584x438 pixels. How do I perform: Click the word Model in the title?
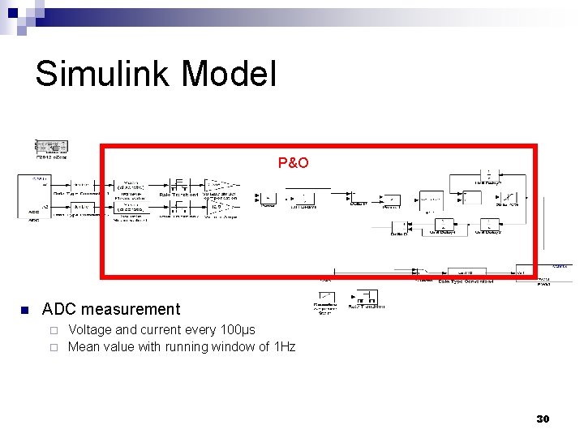[230, 74]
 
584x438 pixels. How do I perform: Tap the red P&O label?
[293, 163]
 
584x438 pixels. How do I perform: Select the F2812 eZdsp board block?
[51, 146]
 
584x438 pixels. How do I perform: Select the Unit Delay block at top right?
[489, 176]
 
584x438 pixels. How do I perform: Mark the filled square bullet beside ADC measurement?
[24, 310]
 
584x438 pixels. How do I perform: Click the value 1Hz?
[285, 347]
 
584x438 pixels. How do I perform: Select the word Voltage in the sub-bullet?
[91, 329]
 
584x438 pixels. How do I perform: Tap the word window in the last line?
[233, 347]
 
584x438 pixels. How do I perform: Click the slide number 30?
[543, 419]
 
